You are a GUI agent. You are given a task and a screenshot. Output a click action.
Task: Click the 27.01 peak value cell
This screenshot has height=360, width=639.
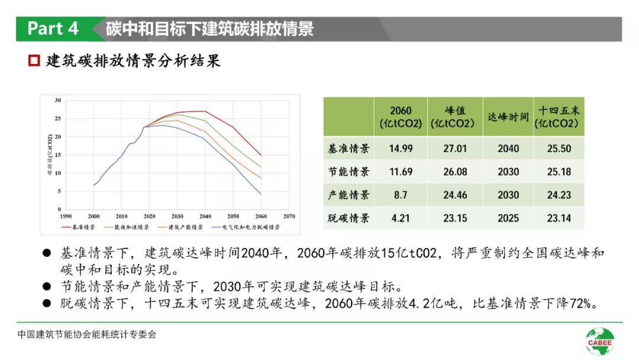455,149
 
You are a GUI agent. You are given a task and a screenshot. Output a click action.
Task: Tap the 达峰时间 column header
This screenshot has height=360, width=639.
508,117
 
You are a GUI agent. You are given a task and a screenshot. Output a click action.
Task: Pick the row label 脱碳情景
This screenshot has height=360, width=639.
348,218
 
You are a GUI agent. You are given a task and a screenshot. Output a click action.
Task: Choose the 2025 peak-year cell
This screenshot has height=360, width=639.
508,218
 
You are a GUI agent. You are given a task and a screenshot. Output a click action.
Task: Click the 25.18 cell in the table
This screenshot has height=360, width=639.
559,172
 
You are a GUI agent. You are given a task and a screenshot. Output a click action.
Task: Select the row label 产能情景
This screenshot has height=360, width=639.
348,195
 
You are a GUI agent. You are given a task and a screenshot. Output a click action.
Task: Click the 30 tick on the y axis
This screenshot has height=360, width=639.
57,101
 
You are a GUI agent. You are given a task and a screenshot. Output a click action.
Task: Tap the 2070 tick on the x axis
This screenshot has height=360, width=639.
289,217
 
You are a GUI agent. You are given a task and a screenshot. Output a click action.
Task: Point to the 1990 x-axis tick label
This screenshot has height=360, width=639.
65,217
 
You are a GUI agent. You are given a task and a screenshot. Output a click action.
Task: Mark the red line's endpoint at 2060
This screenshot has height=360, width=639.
261,155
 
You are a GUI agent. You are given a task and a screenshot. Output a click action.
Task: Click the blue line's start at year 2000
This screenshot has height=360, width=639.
93,185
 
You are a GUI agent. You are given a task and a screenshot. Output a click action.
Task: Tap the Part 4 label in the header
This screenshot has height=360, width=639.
53,28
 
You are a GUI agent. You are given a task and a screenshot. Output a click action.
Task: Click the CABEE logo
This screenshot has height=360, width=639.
600,341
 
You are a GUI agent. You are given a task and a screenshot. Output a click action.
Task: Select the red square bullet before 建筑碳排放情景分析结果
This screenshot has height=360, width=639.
34,60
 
